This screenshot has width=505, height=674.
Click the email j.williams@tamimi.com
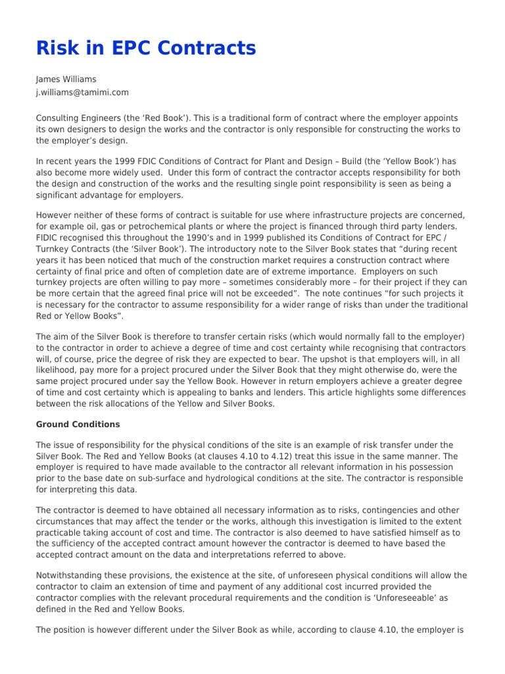(82, 93)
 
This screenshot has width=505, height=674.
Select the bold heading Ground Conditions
(78, 424)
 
